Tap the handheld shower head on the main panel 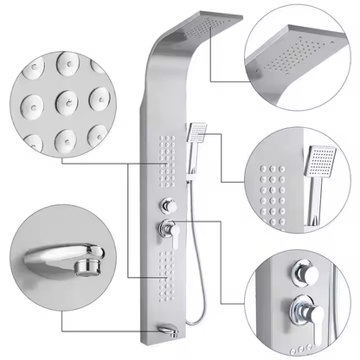tap(196, 132)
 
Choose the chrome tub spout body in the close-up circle tap(52, 254)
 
